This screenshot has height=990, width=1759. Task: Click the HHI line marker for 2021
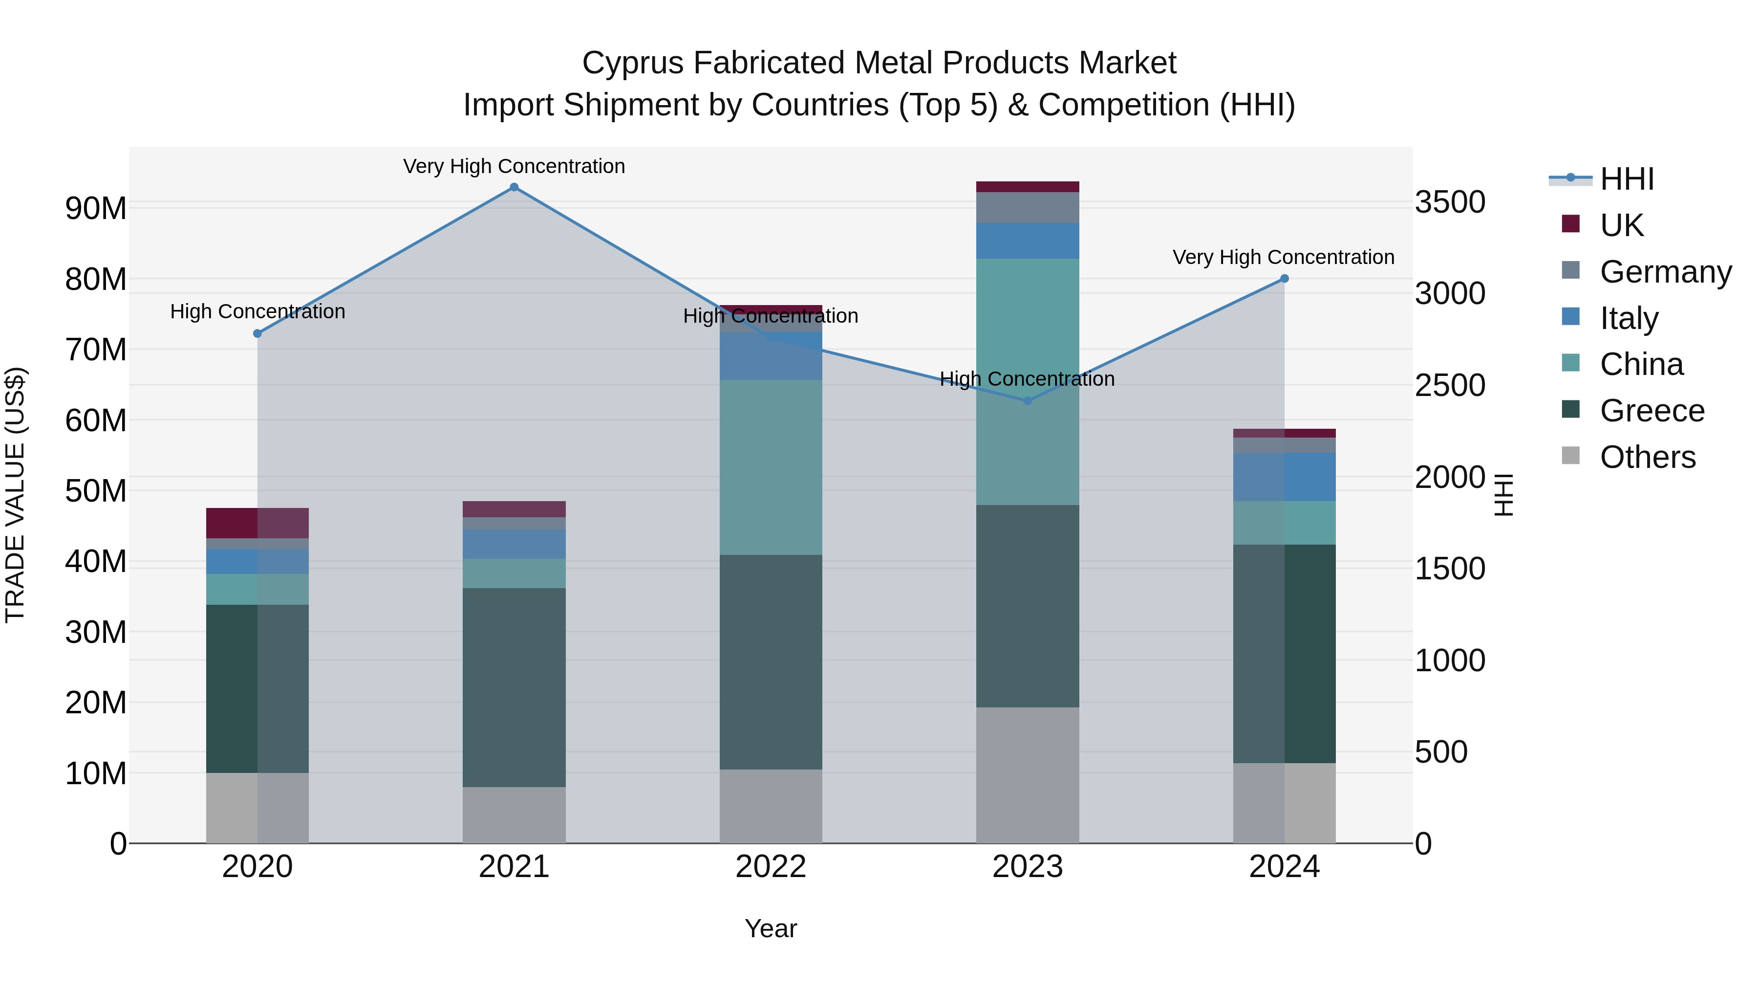[514, 187]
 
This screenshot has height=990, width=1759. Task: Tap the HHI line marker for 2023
[1028, 401]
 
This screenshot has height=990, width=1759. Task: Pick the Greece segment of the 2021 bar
[514, 687]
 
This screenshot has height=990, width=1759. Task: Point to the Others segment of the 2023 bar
[1028, 775]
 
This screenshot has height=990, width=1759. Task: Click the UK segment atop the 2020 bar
[257, 523]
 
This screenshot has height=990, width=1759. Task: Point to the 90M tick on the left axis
[96, 208]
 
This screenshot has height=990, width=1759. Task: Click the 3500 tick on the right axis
[1450, 202]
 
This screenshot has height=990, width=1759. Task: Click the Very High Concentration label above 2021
[514, 166]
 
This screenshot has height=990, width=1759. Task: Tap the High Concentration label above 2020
[257, 311]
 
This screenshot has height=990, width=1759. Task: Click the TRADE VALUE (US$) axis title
[15, 495]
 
